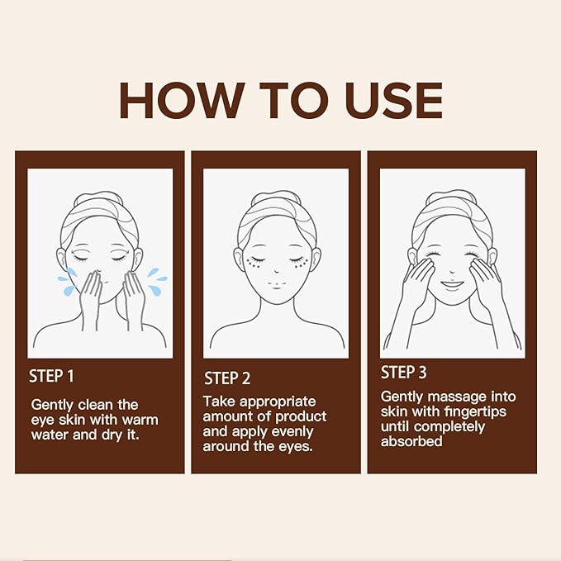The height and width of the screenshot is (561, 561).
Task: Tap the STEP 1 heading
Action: pos(51,376)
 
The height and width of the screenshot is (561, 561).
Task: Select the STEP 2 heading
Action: pos(227,378)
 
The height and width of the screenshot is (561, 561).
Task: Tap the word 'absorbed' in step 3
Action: pos(411,441)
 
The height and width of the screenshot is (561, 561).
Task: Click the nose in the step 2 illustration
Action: pos(277,268)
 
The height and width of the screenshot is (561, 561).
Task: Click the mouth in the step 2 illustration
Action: pos(277,283)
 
